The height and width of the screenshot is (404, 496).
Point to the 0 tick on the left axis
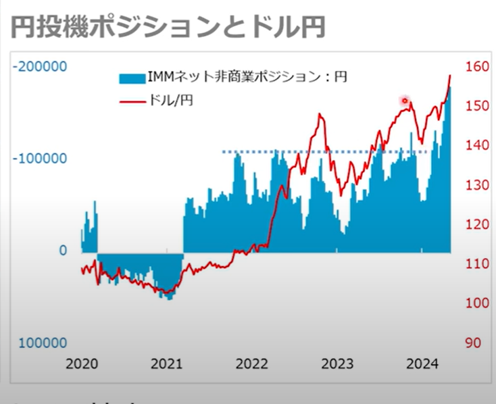pyautogui.click(x=62, y=251)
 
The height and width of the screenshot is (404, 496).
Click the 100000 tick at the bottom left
pyautogui.click(x=43, y=343)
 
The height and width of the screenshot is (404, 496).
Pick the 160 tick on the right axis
pyautogui.click(x=477, y=67)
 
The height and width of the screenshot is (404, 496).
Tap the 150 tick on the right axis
pyautogui.click(x=477, y=106)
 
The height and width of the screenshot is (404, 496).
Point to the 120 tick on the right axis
pyautogui.click(x=477, y=224)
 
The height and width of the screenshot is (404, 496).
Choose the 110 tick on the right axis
pyautogui.click(x=477, y=263)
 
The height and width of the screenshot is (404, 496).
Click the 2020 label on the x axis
pyautogui.click(x=82, y=364)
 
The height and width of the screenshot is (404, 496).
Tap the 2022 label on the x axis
pyautogui.click(x=252, y=364)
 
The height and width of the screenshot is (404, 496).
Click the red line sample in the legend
pyautogui.click(x=132, y=101)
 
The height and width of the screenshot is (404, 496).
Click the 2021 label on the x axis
pyautogui.click(x=167, y=364)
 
